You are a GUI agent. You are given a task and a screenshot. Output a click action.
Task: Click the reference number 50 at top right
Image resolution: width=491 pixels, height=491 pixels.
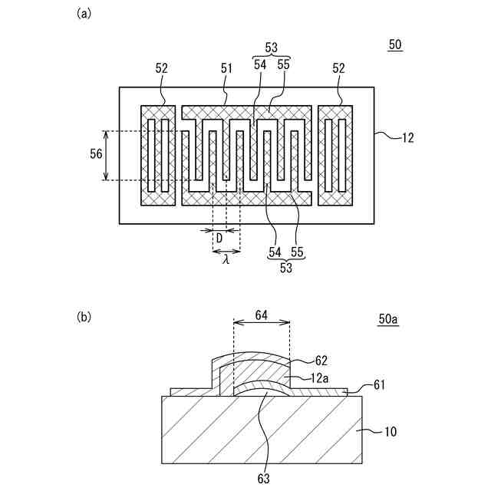[x=395, y=45]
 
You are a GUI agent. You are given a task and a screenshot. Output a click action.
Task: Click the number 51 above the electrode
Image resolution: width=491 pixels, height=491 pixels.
[x=226, y=68]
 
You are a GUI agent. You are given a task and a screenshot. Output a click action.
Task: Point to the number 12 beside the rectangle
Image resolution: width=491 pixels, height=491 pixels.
[x=407, y=139]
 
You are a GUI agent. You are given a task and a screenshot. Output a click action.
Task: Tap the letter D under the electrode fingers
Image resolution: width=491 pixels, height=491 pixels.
[x=219, y=239]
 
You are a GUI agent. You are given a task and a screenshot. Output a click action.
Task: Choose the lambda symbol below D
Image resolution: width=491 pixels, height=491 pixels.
[x=226, y=259]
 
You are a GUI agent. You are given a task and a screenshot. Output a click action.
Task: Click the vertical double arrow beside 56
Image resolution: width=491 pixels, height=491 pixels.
[x=107, y=155]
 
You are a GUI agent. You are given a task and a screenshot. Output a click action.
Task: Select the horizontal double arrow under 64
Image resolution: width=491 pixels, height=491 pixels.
[x=260, y=323]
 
